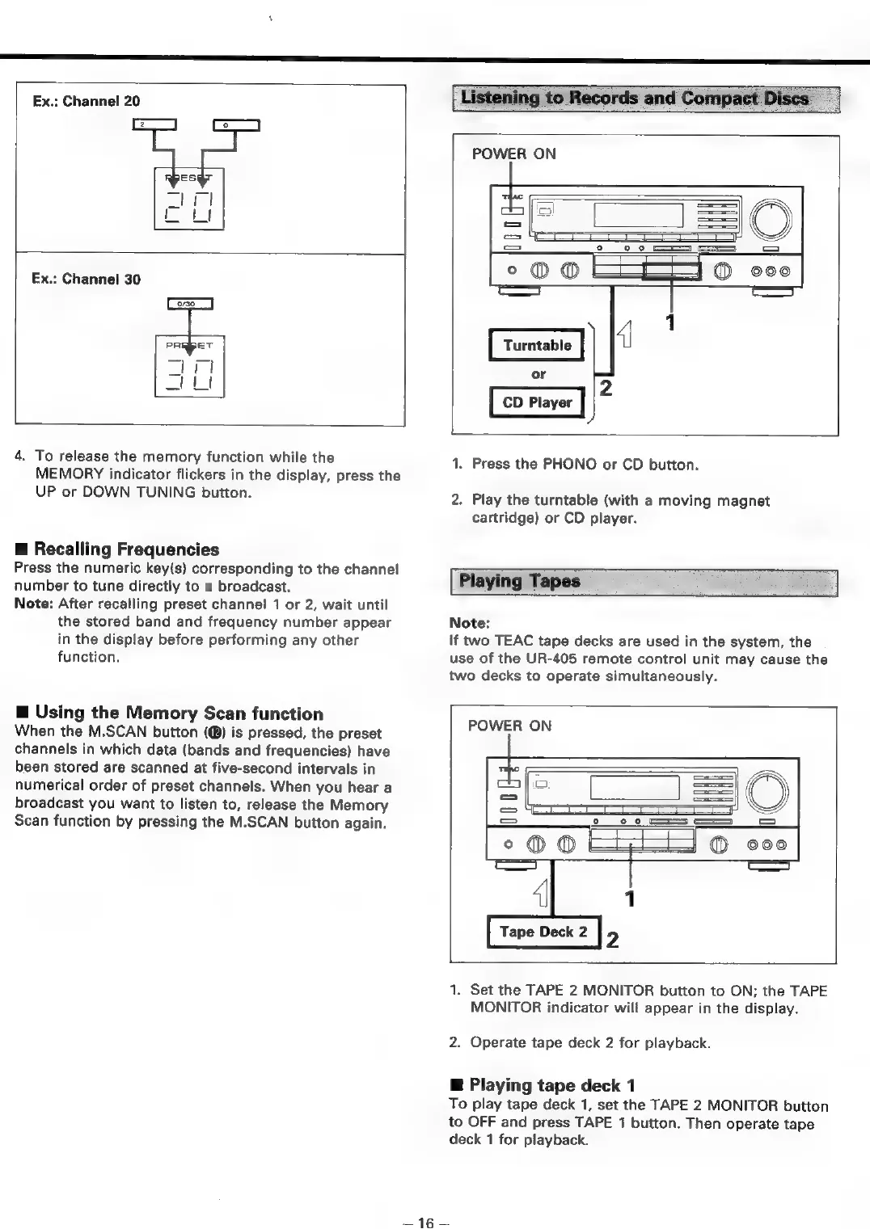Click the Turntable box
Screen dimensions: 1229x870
[x=537, y=345]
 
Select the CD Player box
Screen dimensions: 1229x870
[x=537, y=402]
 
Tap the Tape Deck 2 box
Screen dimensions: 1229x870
[x=543, y=932]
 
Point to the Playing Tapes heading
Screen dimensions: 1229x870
[x=520, y=581]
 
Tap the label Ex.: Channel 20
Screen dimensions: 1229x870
[x=86, y=101]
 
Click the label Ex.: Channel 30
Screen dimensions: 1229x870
[x=86, y=279]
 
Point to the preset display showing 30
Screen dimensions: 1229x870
[x=189, y=367]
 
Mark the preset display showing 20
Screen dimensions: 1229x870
[x=189, y=200]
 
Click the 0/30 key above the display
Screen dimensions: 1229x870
[x=189, y=304]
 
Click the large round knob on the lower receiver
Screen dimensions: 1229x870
[x=768, y=789]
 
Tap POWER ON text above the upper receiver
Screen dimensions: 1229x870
[x=513, y=154]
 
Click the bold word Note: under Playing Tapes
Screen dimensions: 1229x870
[x=469, y=623]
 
